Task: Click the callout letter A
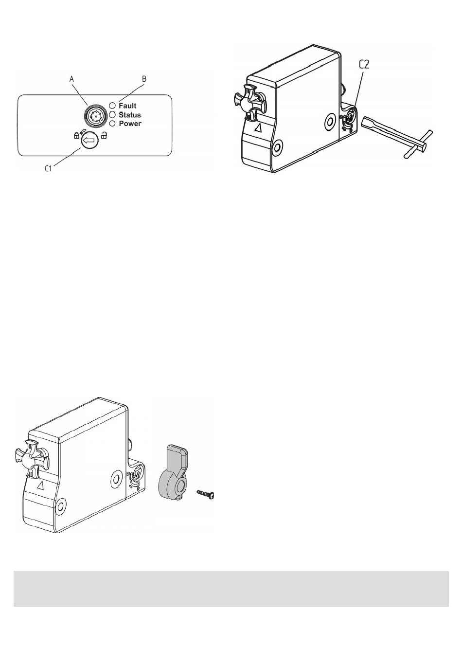[x=71, y=79]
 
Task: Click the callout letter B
[x=144, y=79]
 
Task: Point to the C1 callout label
[x=48, y=168]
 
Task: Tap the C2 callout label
[x=364, y=65]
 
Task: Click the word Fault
[x=127, y=106]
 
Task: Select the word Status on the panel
[x=130, y=115]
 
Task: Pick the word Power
[x=130, y=124]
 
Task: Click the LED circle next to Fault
[x=112, y=105]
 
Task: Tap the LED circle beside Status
[x=112, y=114]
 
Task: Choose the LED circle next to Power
[x=112, y=123]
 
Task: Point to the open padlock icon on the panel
[x=104, y=136]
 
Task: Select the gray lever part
[x=173, y=472]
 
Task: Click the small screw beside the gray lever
[x=205, y=494]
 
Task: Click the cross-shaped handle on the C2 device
[x=249, y=102]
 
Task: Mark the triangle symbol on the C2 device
[x=259, y=128]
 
